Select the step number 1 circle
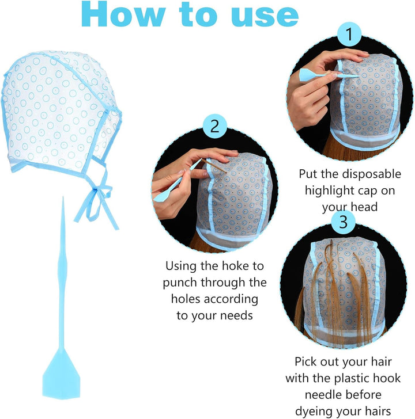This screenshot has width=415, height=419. [x=349, y=34]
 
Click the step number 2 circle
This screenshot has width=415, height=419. [x=215, y=126]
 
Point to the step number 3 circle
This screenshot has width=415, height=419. [x=344, y=222]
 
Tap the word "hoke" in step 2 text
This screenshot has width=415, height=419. [x=232, y=266]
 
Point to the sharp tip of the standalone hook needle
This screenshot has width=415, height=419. [x=63, y=197]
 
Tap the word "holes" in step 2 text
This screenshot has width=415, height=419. [x=186, y=299]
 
